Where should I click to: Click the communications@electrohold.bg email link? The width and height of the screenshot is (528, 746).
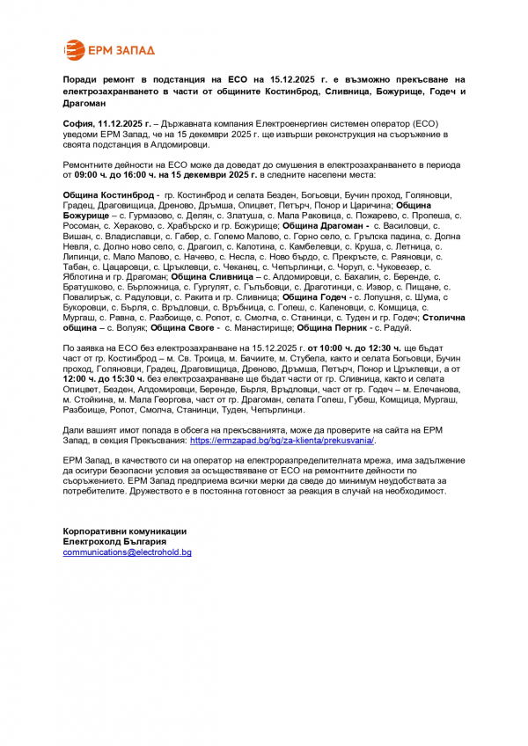pos(127,552)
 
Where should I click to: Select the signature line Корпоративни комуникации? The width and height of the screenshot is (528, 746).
pos(124,531)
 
